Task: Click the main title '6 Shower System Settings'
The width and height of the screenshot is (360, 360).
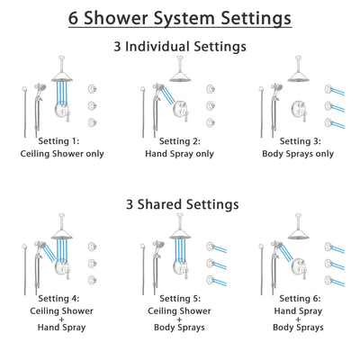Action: [180, 17]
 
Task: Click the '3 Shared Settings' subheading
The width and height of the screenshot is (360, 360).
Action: [180, 204]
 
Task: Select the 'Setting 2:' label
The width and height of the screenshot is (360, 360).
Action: [180, 141]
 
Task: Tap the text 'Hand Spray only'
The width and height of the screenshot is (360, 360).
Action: [180, 154]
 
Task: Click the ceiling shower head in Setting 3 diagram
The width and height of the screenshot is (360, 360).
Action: [298, 76]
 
